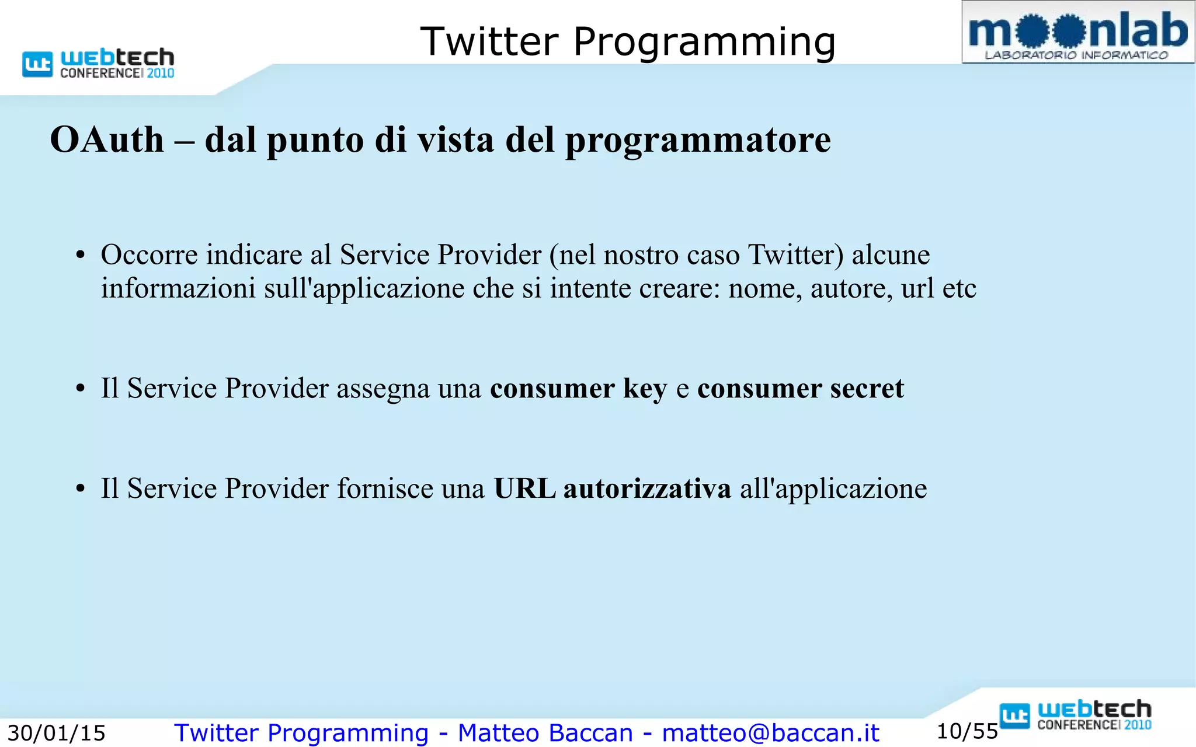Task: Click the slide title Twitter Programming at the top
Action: [628, 42]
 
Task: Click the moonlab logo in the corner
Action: [1078, 33]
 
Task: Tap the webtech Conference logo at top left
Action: [98, 63]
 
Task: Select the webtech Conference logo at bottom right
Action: [1075, 715]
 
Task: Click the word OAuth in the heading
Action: [107, 140]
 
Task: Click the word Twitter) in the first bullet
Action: [796, 254]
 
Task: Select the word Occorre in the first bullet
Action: [149, 254]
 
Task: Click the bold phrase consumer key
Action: [578, 389]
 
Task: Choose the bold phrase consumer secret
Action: [800, 389]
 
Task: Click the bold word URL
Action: [524, 488]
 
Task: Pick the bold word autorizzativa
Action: [647, 488]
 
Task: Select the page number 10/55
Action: [967, 731]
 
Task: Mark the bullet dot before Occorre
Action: [81, 256]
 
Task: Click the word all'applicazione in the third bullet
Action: [833, 489]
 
